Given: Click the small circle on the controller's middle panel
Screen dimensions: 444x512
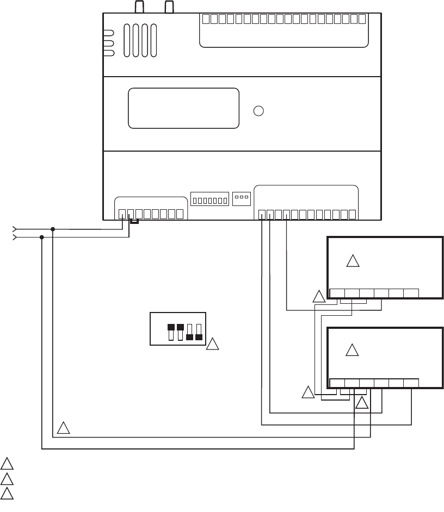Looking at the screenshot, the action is tap(259, 111).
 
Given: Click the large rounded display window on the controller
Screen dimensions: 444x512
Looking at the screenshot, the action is tap(183, 108).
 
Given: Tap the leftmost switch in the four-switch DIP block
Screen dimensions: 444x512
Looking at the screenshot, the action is tap(171, 332).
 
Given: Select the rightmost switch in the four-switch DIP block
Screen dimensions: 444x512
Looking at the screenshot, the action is tap(199, 332).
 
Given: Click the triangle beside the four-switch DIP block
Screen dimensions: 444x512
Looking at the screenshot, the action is tap(213, 344).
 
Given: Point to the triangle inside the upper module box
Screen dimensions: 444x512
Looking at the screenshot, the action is tap(353, 261).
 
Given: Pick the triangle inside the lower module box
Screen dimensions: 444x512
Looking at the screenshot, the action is tap(353, 351).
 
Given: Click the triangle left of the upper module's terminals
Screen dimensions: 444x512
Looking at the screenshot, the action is tap(319, 297).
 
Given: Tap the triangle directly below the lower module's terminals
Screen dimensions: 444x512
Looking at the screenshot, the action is tap(362, 403).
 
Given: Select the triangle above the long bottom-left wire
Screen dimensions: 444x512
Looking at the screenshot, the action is tap(64, 428).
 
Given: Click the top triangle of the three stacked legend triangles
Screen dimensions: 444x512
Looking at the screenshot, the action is tap(7, 464).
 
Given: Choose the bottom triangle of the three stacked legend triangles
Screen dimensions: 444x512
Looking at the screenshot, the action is tap(7, 494).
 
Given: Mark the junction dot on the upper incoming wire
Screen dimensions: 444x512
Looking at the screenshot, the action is tap(53, 229).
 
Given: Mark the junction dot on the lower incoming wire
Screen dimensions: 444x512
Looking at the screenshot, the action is tap(42, 237).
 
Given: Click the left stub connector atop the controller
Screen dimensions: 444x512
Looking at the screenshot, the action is tap(139, 7).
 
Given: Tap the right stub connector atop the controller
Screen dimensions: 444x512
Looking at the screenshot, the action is tap(169, 7).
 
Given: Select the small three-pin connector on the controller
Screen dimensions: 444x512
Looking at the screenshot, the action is tap(240, 198).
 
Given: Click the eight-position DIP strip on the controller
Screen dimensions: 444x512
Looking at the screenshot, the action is tap(210, 200).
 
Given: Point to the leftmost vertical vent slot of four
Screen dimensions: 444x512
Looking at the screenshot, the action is tap(127, 40).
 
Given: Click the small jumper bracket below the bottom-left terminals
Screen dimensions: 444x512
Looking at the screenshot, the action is tap(134, 221).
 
